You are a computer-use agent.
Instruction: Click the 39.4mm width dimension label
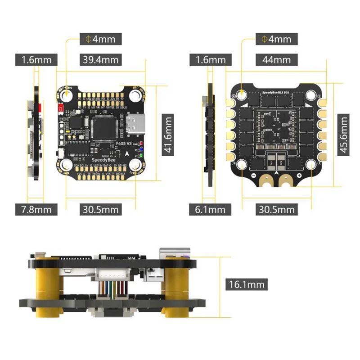(99, 59)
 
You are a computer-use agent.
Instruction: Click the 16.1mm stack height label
(246, 284)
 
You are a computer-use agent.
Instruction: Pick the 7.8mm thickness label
(36, 209)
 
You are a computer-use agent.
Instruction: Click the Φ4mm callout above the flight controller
(100, 39)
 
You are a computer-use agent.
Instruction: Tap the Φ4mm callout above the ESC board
(276, 39)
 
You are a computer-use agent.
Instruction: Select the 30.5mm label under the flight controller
(100, 209)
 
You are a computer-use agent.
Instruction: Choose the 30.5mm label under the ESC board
(275, 209)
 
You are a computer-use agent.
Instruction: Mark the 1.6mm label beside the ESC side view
(210, 59)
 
